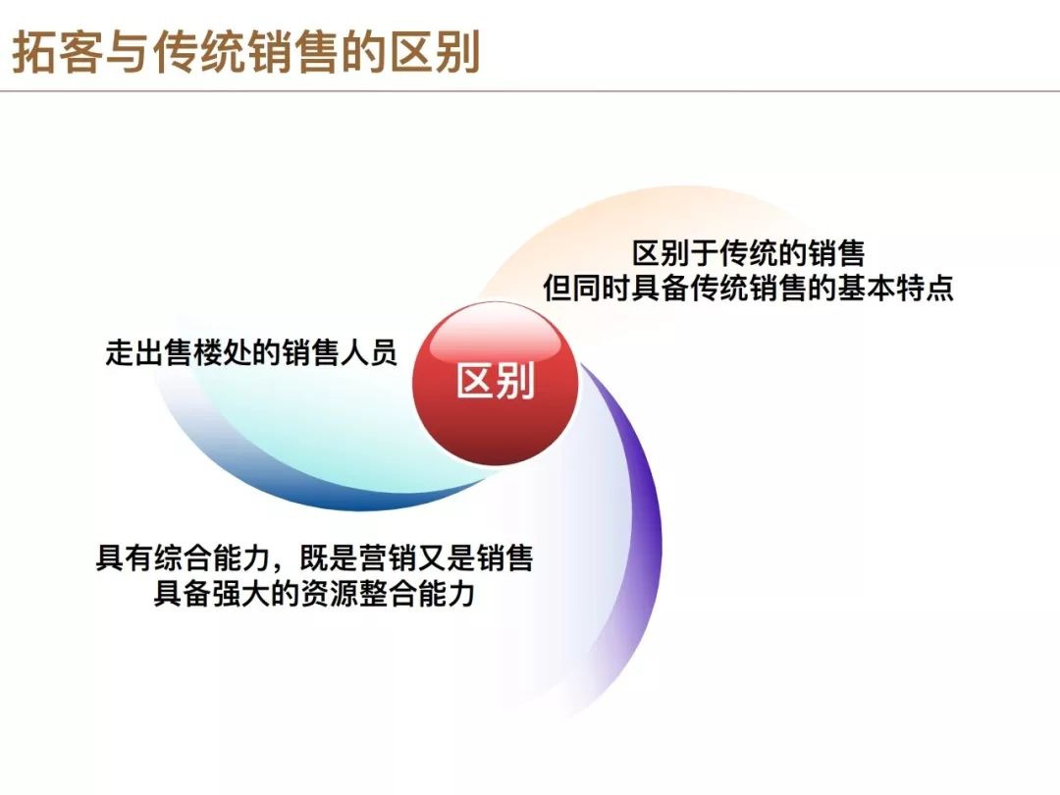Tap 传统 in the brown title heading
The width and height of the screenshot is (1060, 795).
coord(199,53)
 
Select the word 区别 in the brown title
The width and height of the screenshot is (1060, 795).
coord(436,53)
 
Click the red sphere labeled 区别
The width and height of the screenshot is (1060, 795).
coord(496,384)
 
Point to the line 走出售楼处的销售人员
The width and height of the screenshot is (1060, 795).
coord(251,353)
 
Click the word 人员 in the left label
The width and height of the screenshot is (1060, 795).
coord(368,353)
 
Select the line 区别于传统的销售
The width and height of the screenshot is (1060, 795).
coord(748,253)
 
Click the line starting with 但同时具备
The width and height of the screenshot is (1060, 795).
coord(748,288)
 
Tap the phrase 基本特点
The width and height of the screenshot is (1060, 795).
coord(896,288)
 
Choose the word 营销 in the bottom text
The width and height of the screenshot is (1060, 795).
coord(388,558)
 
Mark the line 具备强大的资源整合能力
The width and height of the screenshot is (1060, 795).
coord(314,594)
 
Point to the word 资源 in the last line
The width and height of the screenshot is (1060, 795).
coord(329,594)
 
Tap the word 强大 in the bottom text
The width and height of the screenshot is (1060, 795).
coord(240,594)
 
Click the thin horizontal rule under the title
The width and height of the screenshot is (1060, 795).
coord(530,90)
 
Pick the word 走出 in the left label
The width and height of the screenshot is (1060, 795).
coord(133,353)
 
